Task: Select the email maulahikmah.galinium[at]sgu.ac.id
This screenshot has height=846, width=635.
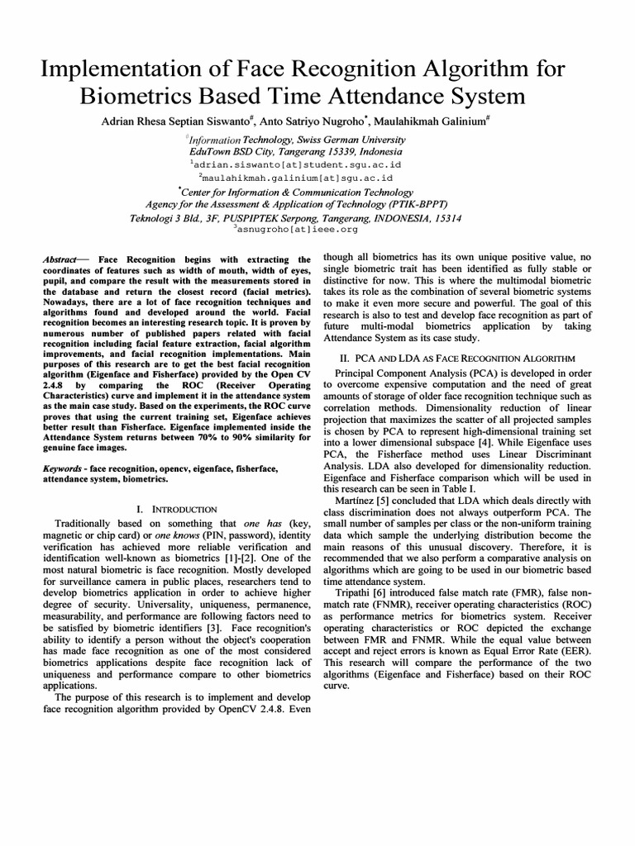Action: click(297, 177)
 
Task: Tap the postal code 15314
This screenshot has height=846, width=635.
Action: click(446, 218)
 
